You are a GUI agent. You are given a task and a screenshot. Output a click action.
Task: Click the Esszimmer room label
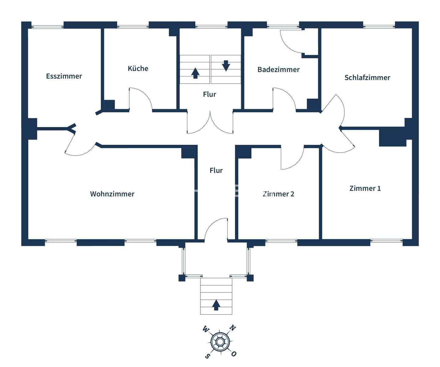pos(64,76)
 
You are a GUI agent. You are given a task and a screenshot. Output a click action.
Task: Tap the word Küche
pos(138,68)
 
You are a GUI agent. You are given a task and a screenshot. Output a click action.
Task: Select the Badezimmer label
pos(278,70)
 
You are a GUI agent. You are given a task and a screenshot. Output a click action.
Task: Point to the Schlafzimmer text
pos(367,78)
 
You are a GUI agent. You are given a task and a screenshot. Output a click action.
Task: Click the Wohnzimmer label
pos(112,194)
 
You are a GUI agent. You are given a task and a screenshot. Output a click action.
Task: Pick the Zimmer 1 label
pos(365,188)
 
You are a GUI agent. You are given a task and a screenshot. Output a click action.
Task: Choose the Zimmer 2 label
pos(279,194)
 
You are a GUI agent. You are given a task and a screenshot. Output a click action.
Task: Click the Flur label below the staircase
pos(210,94)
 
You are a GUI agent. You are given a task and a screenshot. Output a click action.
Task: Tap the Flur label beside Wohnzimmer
pos(216,170)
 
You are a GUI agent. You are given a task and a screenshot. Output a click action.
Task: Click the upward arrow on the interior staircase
pos(195,73)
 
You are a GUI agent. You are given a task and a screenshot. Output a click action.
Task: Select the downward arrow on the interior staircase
pos(226,66)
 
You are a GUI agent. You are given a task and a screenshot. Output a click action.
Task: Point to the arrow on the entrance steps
pos(216,305)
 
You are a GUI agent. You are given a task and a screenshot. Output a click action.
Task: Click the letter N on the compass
pos(233,328)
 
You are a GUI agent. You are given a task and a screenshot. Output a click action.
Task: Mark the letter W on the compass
pos(206,329)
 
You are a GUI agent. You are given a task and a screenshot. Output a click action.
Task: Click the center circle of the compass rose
pos(220,342)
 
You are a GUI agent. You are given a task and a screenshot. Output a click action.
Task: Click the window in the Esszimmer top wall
pos(47,27)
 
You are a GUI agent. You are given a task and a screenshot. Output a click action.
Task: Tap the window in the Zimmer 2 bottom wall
pos(281,241)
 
